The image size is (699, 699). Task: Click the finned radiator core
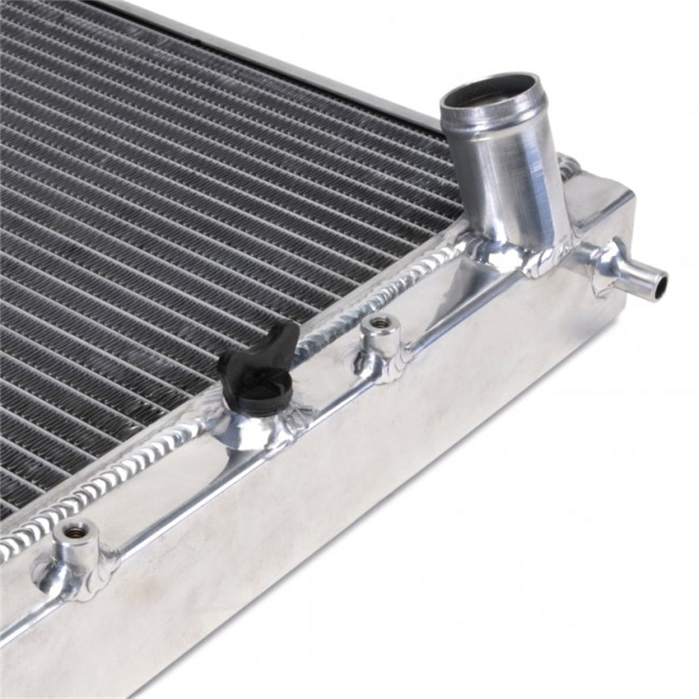click(173, 202)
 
